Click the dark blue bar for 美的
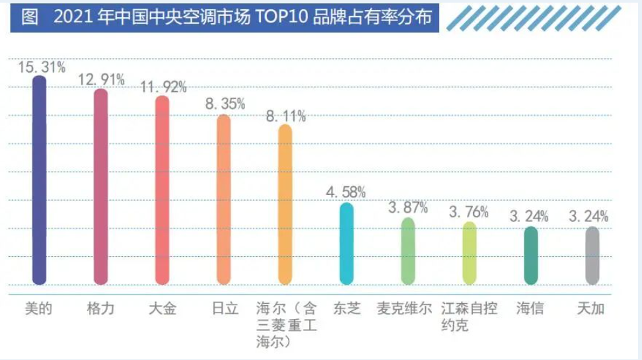[40, 182]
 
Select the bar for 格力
[100, 188]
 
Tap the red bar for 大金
[162, 192]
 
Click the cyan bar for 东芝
[346, 244]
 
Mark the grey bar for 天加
[592, 256]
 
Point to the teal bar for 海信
[530, 256]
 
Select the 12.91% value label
[102, 80]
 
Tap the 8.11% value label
[285, 116]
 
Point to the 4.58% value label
[346, 192]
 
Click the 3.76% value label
[469, 212]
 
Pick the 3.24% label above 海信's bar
[530, 217]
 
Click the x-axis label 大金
[162, 308]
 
